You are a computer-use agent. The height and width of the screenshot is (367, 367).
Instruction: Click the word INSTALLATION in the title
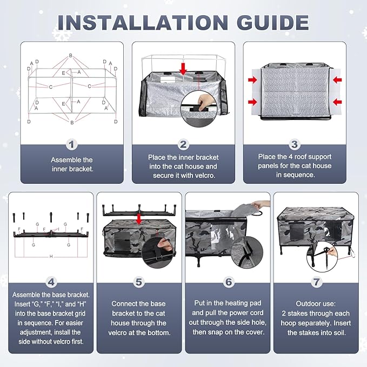click(143, 23)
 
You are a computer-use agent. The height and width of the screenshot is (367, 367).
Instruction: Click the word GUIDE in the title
click(273, 23)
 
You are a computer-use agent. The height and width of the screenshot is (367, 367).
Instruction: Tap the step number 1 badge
click(72, 144)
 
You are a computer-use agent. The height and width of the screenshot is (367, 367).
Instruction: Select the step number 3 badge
click(295, 144)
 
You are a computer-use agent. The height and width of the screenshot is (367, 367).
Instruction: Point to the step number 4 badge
click(51, 282)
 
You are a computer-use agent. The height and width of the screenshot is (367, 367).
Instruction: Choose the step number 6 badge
click(229, 282)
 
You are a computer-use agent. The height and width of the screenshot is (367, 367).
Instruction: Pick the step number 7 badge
click(316, 282)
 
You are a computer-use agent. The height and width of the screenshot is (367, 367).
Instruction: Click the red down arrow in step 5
click(139, 218)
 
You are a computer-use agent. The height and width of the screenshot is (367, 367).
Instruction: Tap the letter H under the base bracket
click(51, 257)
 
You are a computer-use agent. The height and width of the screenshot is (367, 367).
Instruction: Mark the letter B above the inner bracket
click(71, 56)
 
